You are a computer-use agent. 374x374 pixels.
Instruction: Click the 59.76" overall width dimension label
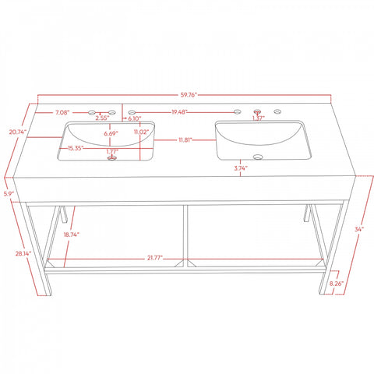tap(189, 95)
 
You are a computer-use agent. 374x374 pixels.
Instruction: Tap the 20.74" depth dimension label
tap(18, 132)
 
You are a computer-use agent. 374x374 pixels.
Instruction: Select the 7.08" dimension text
tap(62, 112)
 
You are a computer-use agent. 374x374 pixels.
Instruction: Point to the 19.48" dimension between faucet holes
tap(179, 112)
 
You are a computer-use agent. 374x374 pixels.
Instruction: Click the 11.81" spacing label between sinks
tap(185, 140)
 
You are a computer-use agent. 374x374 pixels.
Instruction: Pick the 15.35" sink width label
tap(76, 148)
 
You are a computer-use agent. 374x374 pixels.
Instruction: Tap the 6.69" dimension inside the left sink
tap(111, 134)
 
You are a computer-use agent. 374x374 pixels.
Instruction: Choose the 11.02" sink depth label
tap(142, 132)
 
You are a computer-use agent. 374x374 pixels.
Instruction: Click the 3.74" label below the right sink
tap(241, 168)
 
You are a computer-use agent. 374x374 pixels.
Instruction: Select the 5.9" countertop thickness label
tap(9, 194)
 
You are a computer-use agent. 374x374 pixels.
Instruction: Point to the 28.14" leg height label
tap(23, 253)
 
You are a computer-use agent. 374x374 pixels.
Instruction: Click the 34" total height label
tap(359, 229)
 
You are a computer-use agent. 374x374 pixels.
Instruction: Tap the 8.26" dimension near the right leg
tap(337, 284)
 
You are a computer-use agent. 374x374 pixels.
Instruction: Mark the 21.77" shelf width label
tap(155, 258)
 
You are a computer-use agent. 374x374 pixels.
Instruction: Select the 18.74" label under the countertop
tap(72, 235)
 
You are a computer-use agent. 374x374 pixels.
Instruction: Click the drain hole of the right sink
tap(258, 157)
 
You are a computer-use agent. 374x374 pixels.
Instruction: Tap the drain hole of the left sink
tap(112, 158)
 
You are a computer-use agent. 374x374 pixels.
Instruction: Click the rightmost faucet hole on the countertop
tap(277, 111)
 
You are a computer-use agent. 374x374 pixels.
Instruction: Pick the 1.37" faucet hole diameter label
tap(259, 118)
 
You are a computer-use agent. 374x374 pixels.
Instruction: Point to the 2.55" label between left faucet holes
tap(102, 118)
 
